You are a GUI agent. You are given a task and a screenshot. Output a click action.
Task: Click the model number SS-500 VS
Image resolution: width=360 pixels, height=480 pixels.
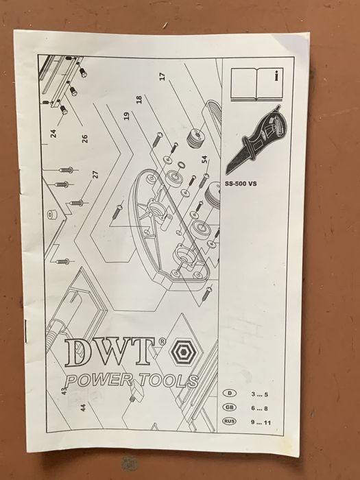[241, 184]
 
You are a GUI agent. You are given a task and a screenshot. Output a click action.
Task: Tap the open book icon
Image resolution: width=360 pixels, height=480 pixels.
[257, 84]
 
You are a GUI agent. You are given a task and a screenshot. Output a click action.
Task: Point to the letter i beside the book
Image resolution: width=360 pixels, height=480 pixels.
[277, 75]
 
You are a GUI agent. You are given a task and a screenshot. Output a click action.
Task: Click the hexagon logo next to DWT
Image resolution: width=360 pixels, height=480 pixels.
[183, 352]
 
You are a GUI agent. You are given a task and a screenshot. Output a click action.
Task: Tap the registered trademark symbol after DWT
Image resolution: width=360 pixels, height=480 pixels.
[163, 341]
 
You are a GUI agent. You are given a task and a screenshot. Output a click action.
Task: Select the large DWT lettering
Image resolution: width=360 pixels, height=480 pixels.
[110, 352]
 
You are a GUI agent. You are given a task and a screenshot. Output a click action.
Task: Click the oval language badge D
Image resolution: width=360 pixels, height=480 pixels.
[230, 394]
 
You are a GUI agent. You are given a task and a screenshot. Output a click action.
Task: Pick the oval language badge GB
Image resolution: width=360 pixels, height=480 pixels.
[230, 407]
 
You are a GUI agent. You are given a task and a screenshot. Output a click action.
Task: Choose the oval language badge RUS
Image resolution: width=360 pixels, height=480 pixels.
[230, 421]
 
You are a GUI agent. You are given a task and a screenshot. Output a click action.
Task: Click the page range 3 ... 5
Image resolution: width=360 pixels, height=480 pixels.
[260, 394]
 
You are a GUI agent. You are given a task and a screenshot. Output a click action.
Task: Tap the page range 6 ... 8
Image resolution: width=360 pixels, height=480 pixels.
[260, 409]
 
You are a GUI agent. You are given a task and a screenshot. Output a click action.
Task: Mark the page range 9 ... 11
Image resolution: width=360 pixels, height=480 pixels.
[261, 422]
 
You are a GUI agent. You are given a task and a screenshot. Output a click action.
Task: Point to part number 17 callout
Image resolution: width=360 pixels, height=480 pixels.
[163, 77]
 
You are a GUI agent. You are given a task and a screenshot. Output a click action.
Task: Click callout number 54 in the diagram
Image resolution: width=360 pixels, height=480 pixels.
[204, 160]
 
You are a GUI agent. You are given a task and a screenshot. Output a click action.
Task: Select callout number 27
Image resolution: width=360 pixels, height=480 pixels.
[95, 174]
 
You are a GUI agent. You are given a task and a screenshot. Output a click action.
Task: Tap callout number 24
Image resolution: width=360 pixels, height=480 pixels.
[53, 133]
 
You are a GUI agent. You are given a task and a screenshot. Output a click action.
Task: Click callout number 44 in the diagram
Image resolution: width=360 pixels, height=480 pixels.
[83, 407]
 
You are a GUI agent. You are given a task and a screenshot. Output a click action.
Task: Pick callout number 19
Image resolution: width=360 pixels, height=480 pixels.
[126, 116]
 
